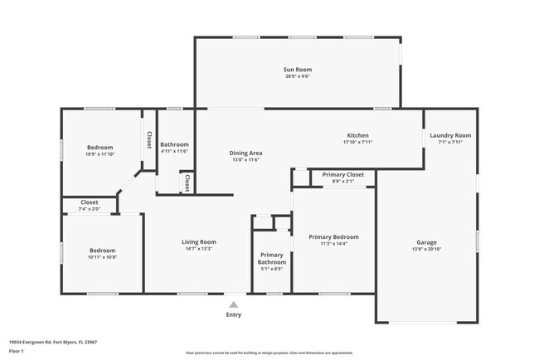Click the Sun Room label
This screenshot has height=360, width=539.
point(299,70)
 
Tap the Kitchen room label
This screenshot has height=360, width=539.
point(357,135)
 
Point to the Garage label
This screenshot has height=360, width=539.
point(426,243)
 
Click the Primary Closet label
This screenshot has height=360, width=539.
point(342,175)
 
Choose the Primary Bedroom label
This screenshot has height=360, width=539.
point(333,237)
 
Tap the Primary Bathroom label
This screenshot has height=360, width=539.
point(271,258)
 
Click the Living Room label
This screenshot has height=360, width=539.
point(199,242)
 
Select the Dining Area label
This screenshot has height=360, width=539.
point(245,153)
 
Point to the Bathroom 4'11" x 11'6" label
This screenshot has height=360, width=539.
point(174,145)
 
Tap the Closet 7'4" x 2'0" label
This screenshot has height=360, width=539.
point(89,202)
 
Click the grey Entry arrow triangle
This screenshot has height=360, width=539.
point(234,304)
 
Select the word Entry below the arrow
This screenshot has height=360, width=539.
point(234,314)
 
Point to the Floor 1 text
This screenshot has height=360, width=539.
point(17,352)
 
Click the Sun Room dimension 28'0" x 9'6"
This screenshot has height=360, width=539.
point(299,76)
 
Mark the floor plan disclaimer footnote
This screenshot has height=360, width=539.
point(269,352)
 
